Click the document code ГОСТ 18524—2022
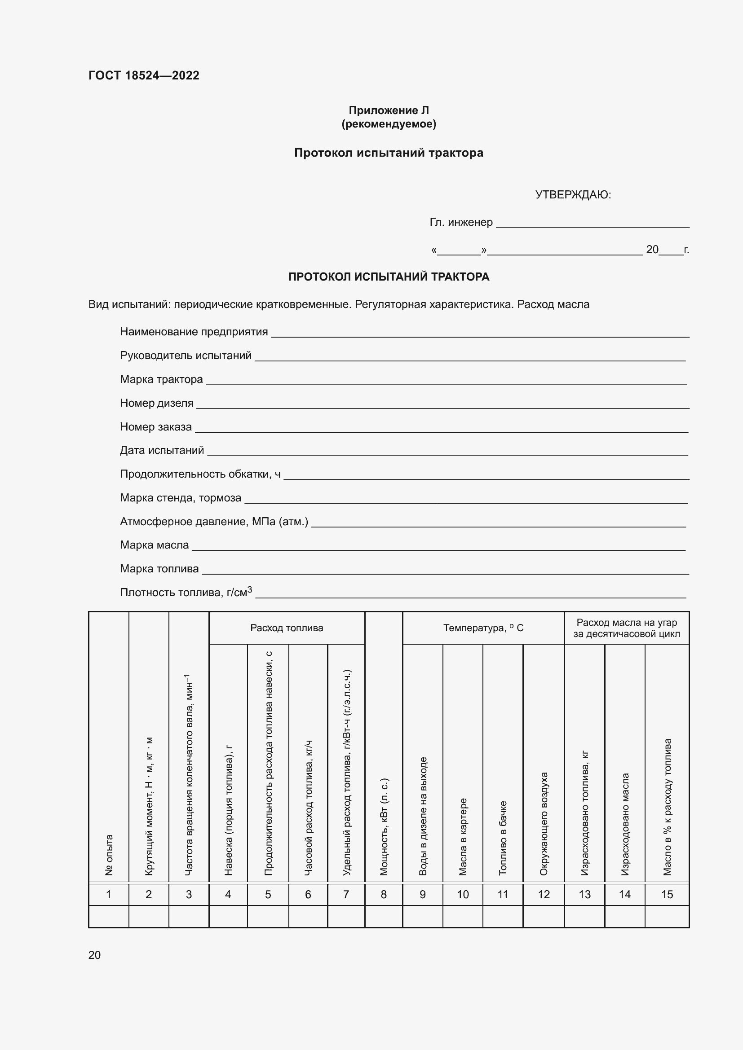click(144, 75)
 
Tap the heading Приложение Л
click(389, 110)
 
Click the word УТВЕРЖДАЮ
click(573, 195)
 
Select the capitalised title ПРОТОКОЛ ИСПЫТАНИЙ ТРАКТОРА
click(389, 277)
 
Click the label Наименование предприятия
click(194, 332)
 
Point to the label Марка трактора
click(162, 379)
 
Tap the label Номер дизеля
click(156, 403)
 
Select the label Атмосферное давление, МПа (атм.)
click(214, 521)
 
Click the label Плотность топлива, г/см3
click(186, 592)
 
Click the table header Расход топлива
click(287, 628)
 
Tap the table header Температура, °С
click(483, 628)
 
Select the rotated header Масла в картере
click(463, 836)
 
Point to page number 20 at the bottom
click(94, 955)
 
